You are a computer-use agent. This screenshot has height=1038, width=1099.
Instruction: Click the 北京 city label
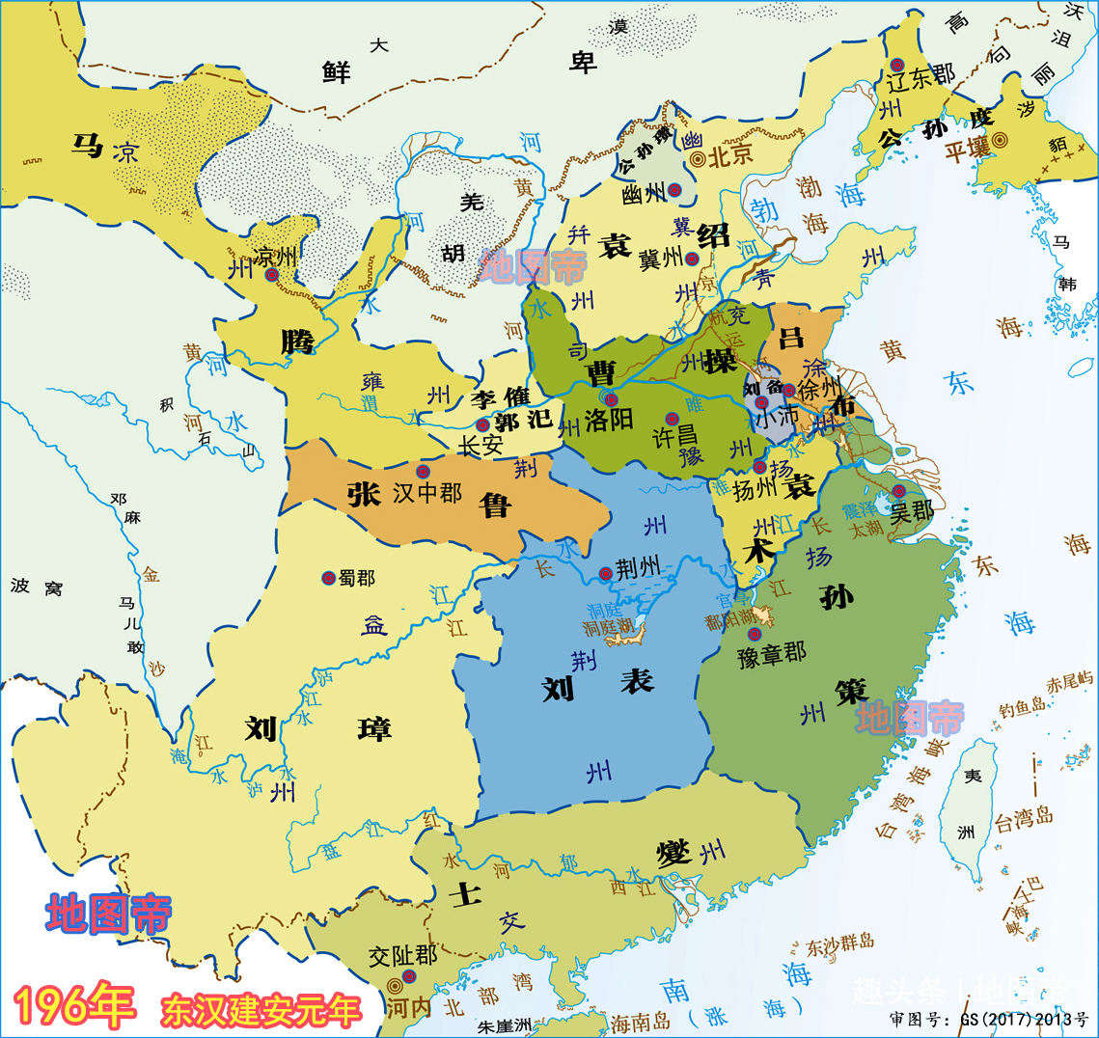730,156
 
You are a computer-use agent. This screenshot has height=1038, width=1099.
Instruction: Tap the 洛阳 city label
609,420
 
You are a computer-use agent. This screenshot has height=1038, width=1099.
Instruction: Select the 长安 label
480,445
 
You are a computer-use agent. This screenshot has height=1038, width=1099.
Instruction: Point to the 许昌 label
675,435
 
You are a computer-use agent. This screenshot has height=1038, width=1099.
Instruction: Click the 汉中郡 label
427,493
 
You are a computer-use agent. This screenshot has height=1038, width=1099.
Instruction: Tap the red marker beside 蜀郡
328,578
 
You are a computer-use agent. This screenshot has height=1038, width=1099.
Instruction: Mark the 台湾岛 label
1024,820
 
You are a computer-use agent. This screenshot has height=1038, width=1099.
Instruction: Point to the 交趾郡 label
402,956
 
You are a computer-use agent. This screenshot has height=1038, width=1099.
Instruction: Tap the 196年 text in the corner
75,1006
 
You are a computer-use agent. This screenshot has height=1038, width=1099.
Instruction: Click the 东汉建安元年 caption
261,1010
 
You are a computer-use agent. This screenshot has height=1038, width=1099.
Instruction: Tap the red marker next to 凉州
272,275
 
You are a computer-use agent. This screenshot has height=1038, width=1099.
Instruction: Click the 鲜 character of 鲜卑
336,70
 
